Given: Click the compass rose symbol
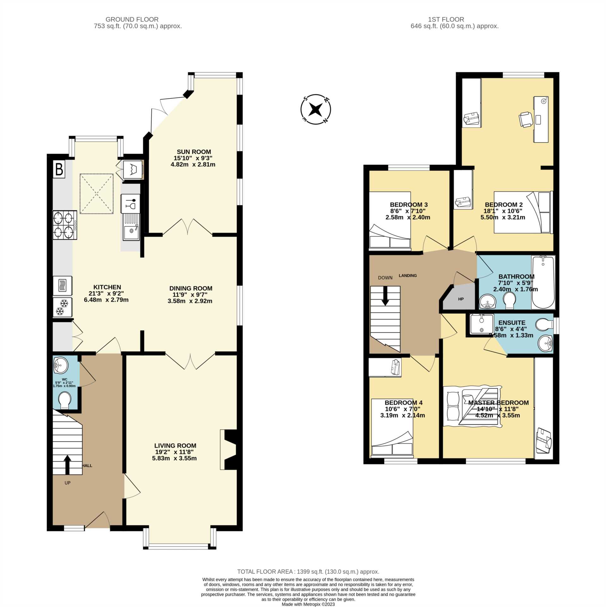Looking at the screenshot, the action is pyautogui.click(x=315, y=109).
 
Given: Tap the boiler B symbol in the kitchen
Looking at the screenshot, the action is pyautogui.click(x=59, y=169).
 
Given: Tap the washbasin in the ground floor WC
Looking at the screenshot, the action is pyautogui.click(x=60, y=365).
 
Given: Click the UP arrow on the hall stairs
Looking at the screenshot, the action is pyautogui.click(x=67, y=465).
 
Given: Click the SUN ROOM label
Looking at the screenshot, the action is pyautogui.click(x=194, y=152).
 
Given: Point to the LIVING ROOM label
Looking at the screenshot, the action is pyautogui.click(x=175, y=445).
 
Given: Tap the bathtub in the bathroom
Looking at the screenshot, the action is pyautogui.click(x=543, y=282).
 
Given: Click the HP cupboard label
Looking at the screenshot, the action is pyautogui.click(x=461, y=299).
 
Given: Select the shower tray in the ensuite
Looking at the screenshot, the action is pyautogui.click(x=482, y=324).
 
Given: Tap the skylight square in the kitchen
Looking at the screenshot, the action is pyautogui.click(x=96, y=193).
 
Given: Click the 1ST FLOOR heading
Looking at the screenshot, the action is pyautogui.click(x=446, y=19).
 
